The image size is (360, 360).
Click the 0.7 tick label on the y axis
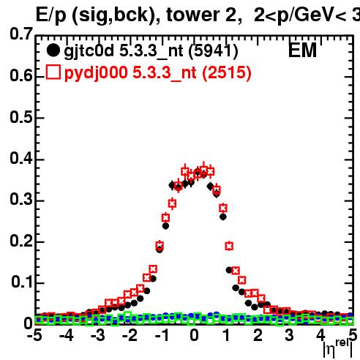pos(21,34)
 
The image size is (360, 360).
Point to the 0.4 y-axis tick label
pos(21,158)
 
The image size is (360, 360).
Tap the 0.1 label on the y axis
pos(22,282)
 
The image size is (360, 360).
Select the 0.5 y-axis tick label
pos(21,117)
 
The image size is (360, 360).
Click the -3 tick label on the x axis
pos(98,336)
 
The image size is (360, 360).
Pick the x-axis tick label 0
pos(194,336)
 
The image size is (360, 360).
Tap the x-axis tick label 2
pos(258,336)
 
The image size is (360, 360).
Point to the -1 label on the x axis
pos(162,336)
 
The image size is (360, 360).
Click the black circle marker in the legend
pos(53,50)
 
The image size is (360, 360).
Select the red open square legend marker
pos(53,72)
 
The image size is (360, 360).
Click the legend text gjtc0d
pos(89,52)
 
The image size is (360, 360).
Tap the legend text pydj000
pos(96,73)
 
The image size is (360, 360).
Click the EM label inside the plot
pos(302,50)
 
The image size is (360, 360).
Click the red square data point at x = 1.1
pos(229,246)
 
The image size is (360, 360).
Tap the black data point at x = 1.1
pos(229,270)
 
